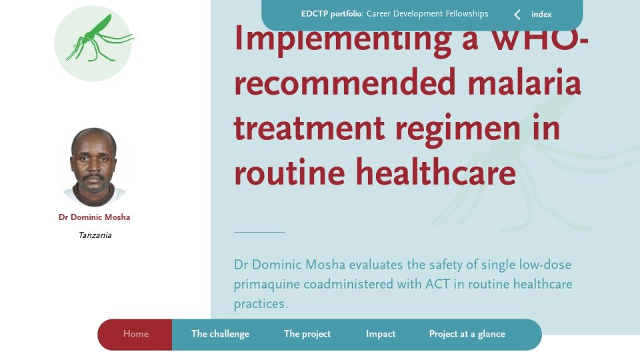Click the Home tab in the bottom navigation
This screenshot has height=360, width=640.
[x=135, y=334]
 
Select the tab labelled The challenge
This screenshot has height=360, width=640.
[x=220, y=334]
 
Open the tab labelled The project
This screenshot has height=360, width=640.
[x=307, y=334]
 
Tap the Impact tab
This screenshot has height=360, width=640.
[x=381, y=334]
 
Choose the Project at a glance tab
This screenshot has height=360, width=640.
[x=467, y=334]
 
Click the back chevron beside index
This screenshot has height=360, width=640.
[x=517, y=15]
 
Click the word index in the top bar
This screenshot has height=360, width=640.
[x=541, y=15]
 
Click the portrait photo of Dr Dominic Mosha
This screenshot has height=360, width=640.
[x=94, y=167]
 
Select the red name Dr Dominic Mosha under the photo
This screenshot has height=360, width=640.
[x=94, y=217]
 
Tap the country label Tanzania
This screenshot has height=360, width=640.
[x=95, y=235]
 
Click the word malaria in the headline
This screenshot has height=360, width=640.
[x=524, y=82]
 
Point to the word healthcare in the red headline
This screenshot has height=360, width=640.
[x=436, y=172]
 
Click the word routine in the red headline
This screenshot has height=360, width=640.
[x=289, y=172]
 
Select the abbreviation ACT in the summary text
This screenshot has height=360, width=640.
[x=437, y=284]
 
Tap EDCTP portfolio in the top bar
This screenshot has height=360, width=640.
[x=332, y=14]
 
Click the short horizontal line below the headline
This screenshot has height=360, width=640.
[x=259, y=232]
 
